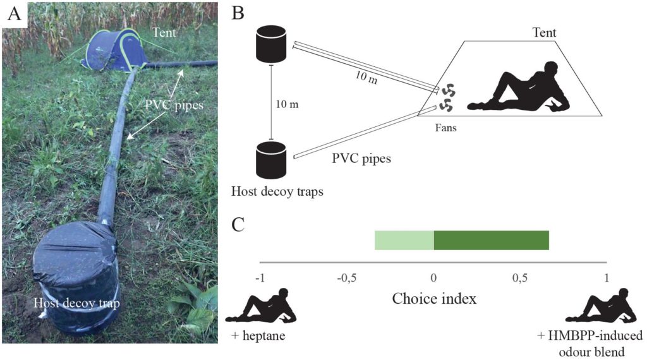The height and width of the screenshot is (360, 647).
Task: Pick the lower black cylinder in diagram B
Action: (x=271, y=160)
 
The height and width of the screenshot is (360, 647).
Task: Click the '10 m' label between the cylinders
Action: (x=287, y=104)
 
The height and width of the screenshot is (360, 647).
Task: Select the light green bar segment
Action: (x=404, y=241)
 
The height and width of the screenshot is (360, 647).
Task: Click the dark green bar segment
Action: (x=491, y=241)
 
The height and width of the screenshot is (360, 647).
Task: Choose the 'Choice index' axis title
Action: (x=434, y=298)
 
